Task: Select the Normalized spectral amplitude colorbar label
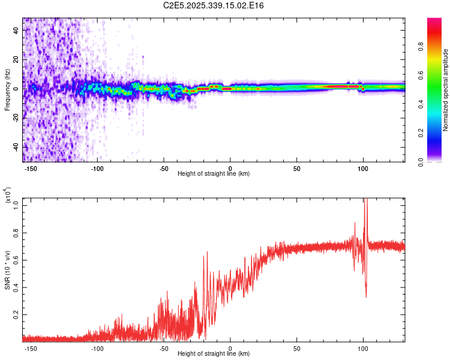pos(446,90)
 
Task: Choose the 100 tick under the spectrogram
pos(362,169)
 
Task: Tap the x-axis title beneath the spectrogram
pos(214,174)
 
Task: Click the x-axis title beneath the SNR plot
pos(214,353)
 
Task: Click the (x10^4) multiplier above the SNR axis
pos(8,196)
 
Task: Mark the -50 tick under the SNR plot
pos(164,348)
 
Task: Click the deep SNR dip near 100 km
pos(366,295)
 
